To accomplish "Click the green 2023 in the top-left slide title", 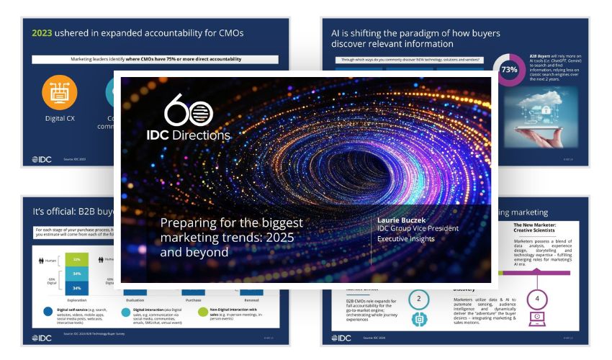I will pyautogui.click(x=42, y=32).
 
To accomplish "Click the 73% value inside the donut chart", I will pyautogui.click(x=510, y=71).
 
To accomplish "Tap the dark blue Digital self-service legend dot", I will pyautogui.click(x=47, y=312).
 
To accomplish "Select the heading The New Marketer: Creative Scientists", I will pyautogui.click(x=540, y=228).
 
